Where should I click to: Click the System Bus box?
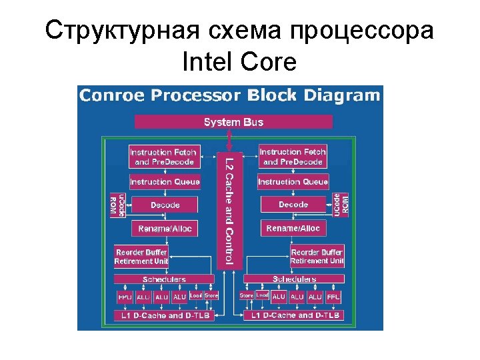[233, 122]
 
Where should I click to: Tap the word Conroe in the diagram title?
[113, 95]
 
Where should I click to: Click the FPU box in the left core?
[125, 297]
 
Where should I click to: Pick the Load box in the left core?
[195, 295]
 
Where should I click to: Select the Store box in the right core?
[246, 295]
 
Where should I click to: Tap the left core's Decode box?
[165, 205]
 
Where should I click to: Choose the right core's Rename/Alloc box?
[293, 229]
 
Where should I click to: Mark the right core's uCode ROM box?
[341, 204]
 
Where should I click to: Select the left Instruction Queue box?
[165, 181]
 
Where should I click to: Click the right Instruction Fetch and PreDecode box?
[293, 157]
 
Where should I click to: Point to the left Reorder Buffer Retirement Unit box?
[141, 257]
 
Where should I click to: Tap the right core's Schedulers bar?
[294, 279]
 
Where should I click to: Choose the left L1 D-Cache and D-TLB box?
[164, 315]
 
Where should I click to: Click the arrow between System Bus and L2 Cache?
[229, 140]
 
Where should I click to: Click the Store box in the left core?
[211, 295]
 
